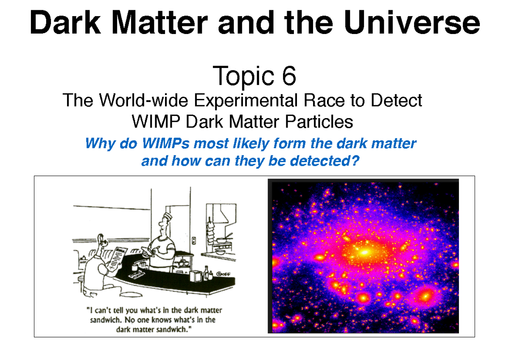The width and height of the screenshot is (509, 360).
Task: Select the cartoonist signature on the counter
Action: pos(224,274)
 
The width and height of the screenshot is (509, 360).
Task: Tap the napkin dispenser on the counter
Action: pos(195,275)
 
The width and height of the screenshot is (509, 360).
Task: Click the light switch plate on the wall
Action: pos(194,240)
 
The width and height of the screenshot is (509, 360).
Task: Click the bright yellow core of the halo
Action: pos(364,252)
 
